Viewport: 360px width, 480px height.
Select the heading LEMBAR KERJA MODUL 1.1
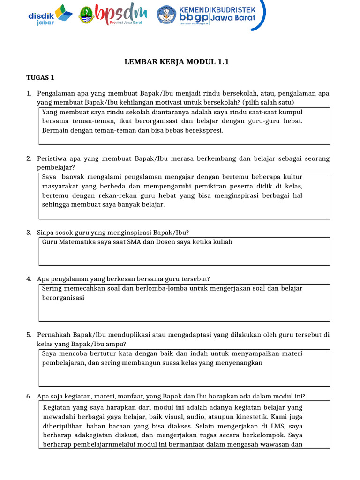click(x=176, y=61)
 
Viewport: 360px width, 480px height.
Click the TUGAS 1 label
click(x=40, y=77)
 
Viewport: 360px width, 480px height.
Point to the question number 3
click(x=29, y=232)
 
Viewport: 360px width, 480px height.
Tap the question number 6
click(x=29, y=396)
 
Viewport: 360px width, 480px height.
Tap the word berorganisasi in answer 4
click(x=63, y=297)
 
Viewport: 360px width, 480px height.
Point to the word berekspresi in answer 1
click(x=203, y=130)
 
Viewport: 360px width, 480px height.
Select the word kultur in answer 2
click(x=293, y=177)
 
